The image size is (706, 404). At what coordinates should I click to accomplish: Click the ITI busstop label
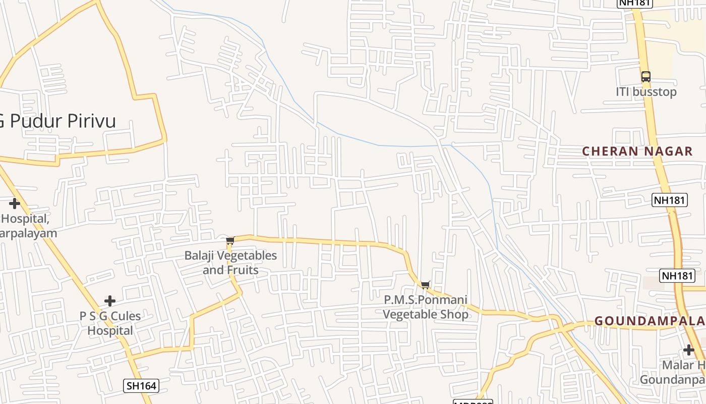pyautogui.click(x=646, y=92)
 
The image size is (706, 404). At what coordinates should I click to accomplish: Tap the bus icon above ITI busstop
pyautogui.click(x=646, y=77)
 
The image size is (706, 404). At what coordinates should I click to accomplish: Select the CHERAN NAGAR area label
pyautogui.click(x=637, y=151)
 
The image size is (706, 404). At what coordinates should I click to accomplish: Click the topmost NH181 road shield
pyautogui.click(x=635, y=3)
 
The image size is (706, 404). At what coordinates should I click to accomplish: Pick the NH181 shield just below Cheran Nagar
pyautogui.click(x=669, y=200)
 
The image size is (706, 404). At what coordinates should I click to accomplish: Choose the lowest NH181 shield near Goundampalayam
pyautogui.click(x=677, y=276)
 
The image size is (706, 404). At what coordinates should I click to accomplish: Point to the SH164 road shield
pyautogui.click(x=141, y=386)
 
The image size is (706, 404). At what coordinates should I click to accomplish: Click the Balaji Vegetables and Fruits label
pyautogui.click(x=230, y=263)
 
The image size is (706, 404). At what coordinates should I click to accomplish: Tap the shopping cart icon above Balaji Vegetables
pyautogui.click(x=230, y=241)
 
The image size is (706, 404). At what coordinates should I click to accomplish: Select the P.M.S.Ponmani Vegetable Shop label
pyautogui.click(x=426, y=307)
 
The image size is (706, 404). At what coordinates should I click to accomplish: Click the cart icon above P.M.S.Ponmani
pyautogui.click(x=426, y=285)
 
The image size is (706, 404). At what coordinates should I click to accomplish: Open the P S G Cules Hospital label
pyautogui.click(x=110, y=323)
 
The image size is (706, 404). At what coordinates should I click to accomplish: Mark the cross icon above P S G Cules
pyautogui.click(x=110, y=301)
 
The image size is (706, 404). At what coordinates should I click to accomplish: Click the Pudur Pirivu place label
pyautogui.click(x=58, y=121)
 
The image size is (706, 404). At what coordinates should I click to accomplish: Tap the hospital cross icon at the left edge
pyautogui.click(x=15, y=204)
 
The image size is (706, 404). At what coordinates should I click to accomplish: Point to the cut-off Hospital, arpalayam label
pyautogui.click(x=28, y=226)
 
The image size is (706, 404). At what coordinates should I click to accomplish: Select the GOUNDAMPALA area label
pyautogui.click(x=650, y=321)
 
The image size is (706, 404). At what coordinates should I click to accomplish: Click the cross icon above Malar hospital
pyautogui.click(x=689, y=349)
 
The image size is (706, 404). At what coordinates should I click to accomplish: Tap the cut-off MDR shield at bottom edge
pyautogui.click(x=473, y=402)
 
